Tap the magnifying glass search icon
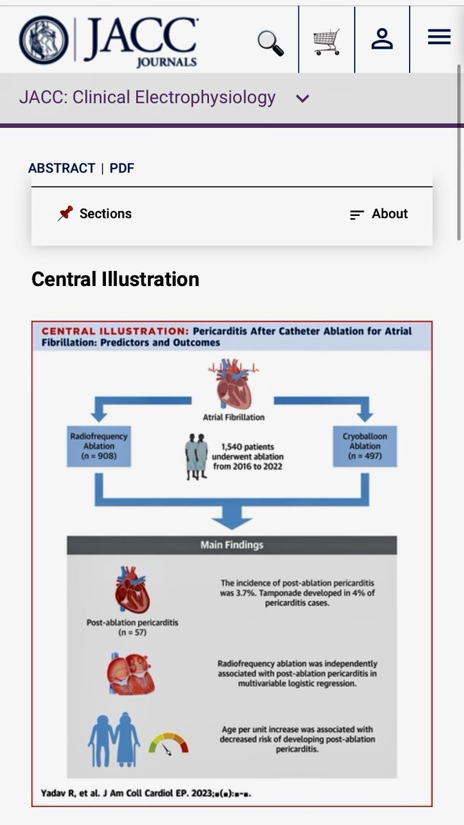(x=271, y=42)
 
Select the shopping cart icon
(x=327, y=42)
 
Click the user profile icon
(x=382, y=38)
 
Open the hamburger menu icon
(x=439, y=37)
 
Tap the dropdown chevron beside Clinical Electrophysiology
(x=302, y=99)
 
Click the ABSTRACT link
(x=62, y=168)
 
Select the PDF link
(x=122, y=168)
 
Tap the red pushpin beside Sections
(x=65, y=213)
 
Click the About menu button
(x=379, y=214)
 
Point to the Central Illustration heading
(x=115, y=279)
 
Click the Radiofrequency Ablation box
(x=99, y=446)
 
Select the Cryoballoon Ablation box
(x=365, y=446)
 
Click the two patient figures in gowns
(x=197, y=456)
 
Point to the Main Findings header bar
(x=232, y=545)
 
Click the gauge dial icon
(x=168, y=742)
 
